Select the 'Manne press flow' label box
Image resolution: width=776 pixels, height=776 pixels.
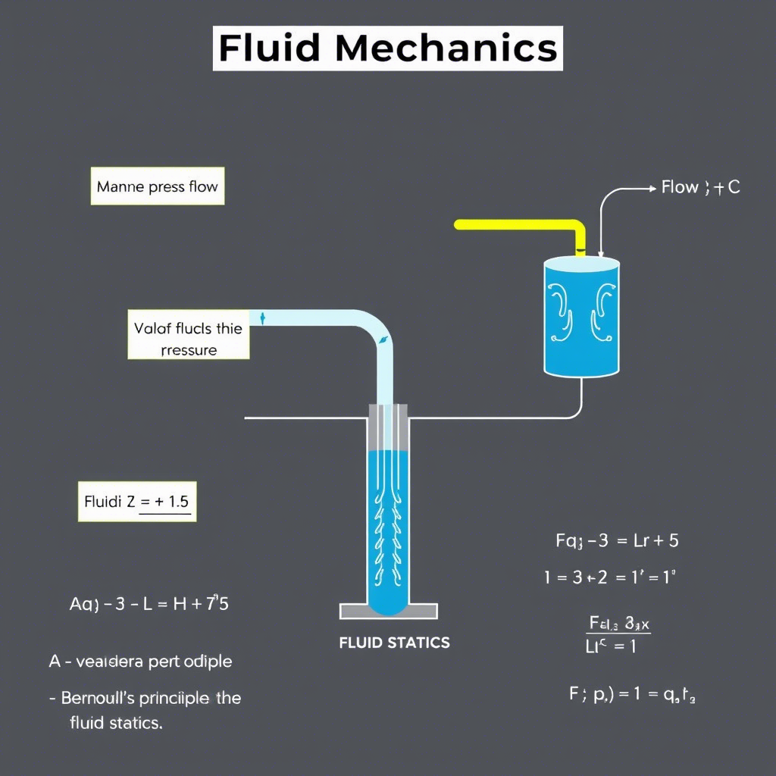pos(158,186)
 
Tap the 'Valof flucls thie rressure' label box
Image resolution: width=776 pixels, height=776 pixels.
pos(188,339)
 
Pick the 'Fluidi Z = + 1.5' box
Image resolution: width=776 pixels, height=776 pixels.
pos(137,501)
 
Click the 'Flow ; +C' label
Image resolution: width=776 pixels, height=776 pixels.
pos(700,187)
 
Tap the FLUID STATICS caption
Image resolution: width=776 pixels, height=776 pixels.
pos(394,643)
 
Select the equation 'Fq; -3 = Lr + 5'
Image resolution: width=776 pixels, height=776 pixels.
pos(617,540)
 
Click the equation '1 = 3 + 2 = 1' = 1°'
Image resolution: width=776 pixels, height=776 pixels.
pos(609,577)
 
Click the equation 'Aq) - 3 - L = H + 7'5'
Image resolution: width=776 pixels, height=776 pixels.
pos(149,605)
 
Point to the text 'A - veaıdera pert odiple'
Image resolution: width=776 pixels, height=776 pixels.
pos(141,662)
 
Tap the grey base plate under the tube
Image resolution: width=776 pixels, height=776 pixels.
pos(388,611)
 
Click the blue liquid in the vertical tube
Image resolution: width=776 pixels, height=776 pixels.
pos(388,530)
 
